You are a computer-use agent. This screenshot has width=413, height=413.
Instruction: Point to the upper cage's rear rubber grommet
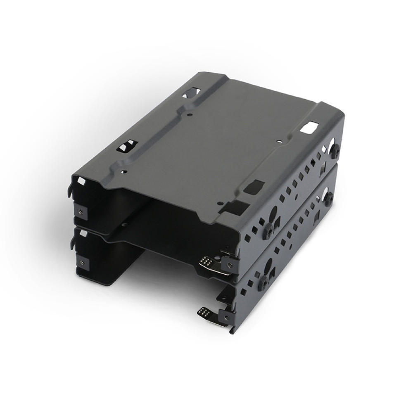pos(335,151)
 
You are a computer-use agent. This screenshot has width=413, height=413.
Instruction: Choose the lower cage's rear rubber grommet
pos(329,198)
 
